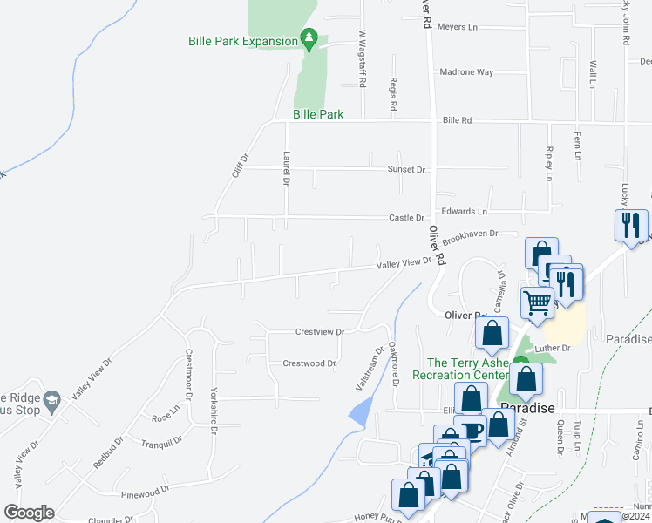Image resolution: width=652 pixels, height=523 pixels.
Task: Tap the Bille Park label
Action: point(318,114)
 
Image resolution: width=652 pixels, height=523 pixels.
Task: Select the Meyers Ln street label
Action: point(458,27)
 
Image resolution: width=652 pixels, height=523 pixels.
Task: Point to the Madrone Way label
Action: point(466,72)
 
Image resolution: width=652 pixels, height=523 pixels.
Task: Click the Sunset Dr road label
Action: point(407,169)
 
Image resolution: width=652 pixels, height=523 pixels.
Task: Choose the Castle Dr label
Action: point(406,218)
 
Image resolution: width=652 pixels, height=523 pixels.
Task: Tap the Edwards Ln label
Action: point(464,212)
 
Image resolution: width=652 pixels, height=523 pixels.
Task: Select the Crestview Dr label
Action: point(320,332)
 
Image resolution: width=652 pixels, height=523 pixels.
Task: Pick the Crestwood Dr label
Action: point(309,363)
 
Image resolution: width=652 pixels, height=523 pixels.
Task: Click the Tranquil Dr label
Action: point(161,442)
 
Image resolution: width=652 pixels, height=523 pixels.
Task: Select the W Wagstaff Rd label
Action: point(362,58)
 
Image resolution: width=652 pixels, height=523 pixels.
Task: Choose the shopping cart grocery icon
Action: point(538,302)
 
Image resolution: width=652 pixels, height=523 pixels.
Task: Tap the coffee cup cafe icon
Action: point(472,430)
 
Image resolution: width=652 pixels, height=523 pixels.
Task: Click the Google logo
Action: point(29,513)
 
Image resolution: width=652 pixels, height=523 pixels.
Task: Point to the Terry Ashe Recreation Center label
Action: point(467,370)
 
